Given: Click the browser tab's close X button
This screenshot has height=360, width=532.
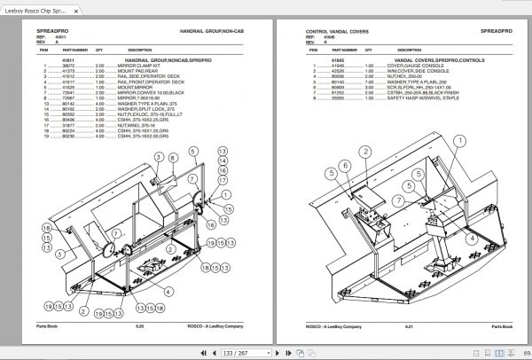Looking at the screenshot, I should click(77, 12).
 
